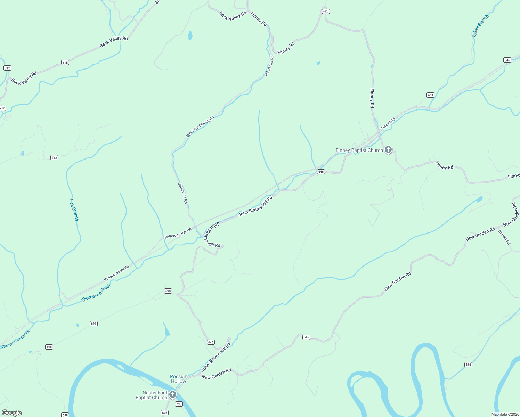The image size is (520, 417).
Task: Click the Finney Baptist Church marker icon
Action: pos(388,150)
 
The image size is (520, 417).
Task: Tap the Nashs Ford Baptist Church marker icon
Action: pos(173,395)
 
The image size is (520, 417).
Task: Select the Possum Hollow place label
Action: pos(179,379)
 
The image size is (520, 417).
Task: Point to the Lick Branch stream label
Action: pos(74,210)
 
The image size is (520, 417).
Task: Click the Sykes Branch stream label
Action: pos(480,26)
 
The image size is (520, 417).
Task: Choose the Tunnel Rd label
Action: pos(388,124)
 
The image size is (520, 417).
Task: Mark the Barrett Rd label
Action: pos(504,237)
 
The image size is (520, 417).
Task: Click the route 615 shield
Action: pos(65,63)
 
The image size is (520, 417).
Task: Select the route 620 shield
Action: pos(325,11)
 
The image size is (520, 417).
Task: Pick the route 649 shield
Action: pos(430,95)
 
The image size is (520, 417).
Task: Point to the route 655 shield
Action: pos(468,365)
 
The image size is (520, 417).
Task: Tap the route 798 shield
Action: pos(179,404)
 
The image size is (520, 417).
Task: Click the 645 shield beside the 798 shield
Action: pos(165,413)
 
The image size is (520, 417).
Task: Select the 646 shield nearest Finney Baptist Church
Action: pos(321,172)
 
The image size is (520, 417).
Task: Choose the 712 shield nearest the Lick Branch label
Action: pos(54,158)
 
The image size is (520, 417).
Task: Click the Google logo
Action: pos(12,413)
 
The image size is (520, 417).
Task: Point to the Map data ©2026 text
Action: pos(504,414)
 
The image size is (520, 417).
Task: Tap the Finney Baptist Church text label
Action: pos(359,150)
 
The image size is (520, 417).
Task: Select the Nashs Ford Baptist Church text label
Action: pos(152,395)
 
